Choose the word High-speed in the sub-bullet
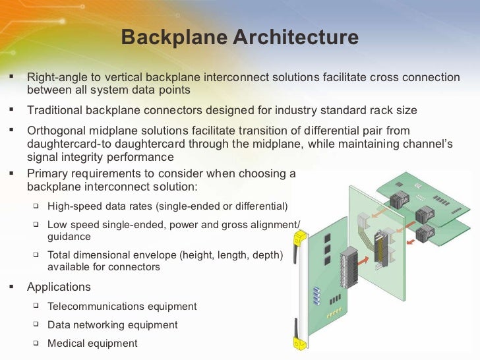(75, 206)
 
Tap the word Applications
(59, 287)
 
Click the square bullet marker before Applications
(11, 286)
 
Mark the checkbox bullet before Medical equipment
(36, 342)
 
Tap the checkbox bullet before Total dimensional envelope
(36, 254)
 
